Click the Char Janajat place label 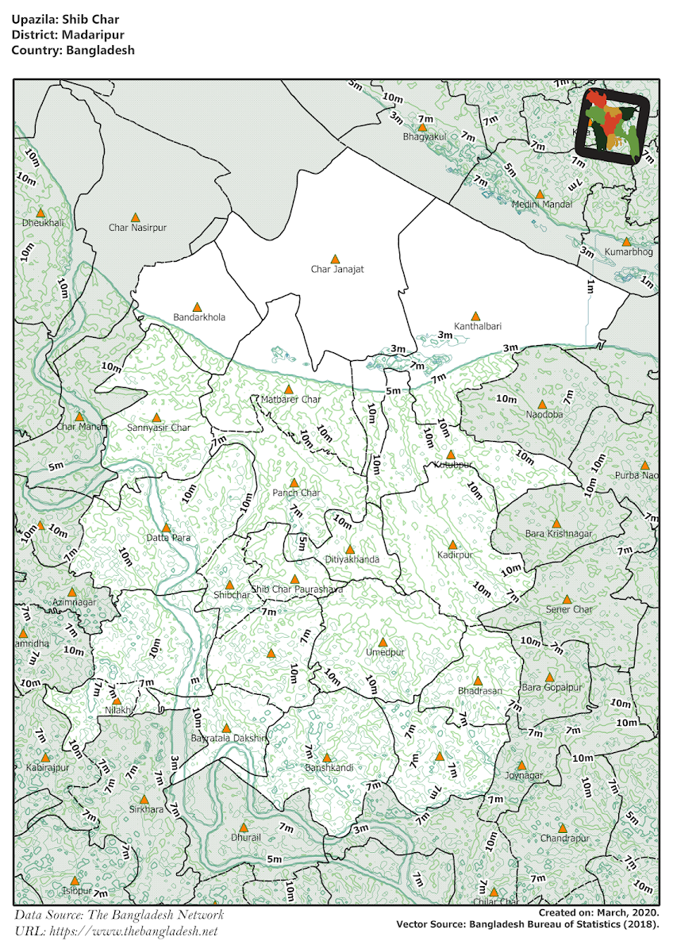(x=336, y=270)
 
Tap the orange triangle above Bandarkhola (x=198, y=306)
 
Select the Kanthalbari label (x=477, y=326)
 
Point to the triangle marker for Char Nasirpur (x=136, y=217)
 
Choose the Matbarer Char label (x=290, y=400)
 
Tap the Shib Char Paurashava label (x=297, y=589)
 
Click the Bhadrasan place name (x=479, y=691)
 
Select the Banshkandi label (x=328, y=768)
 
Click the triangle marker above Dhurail (x=245, y=827)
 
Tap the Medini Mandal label (x=541, y=204)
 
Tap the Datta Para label (x=168, y=538)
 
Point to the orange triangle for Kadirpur (x=452, y=545)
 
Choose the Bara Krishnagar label (x=558, y=534)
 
